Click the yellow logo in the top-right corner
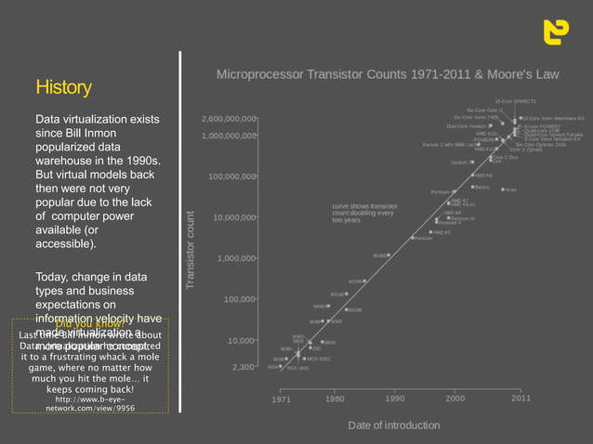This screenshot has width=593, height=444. (x=556, y=31)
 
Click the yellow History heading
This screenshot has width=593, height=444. (x=63, y=87)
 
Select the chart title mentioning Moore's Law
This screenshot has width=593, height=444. (x=388, y=72)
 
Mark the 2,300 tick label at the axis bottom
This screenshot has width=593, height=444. (x=244, y=367)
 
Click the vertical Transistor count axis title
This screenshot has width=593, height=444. (x=191, y=249)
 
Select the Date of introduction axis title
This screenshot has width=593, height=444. (x=394, y=425)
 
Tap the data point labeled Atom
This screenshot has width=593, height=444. (x=503, y=189)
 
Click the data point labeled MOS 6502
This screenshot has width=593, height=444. (x=302, y=358)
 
